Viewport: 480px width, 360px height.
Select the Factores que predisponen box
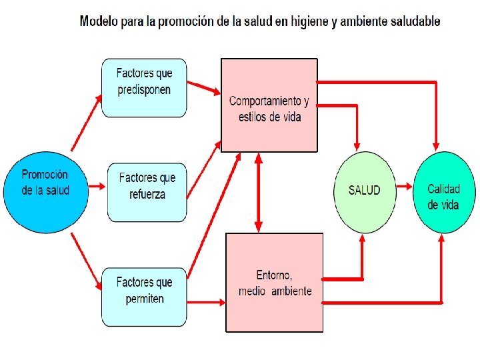[144, 88]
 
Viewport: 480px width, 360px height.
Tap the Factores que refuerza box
[147, 192]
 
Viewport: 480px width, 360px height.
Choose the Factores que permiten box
[144, 297]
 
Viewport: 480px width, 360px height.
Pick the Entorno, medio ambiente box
[274, 282]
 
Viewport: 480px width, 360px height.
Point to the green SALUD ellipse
[364, 191]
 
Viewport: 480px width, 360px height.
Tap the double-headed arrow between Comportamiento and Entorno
[259, 193]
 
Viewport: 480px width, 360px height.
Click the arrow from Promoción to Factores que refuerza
[97, 188]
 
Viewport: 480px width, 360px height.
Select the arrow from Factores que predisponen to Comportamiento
[204, 88]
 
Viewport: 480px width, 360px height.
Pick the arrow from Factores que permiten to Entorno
[206, 302]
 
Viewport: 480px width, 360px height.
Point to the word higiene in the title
[313, 21]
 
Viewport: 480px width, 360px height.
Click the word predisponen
[144, 90]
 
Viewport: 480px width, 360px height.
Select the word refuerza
[147, 195]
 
